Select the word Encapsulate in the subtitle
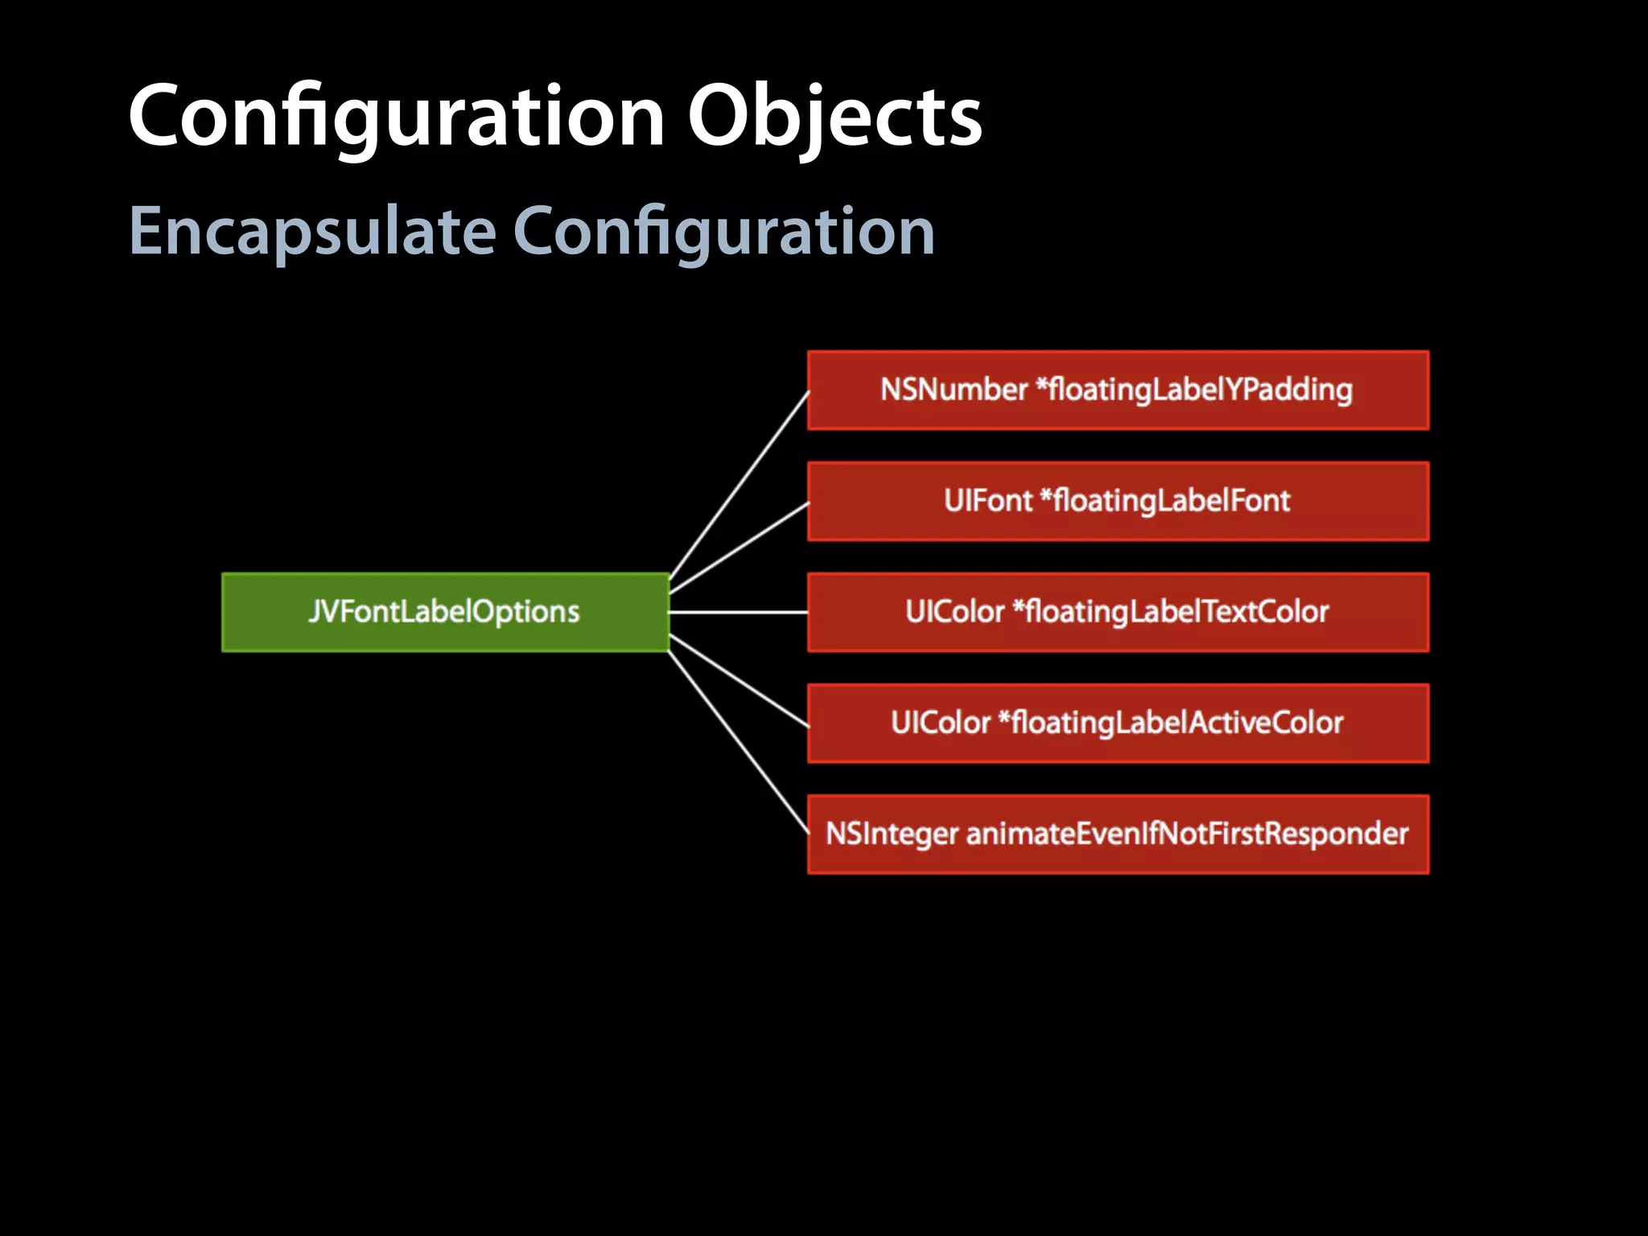312,232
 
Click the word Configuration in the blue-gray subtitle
723,232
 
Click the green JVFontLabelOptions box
445,612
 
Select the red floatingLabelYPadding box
1118,390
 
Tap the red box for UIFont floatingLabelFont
1118,501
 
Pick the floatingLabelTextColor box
1118,612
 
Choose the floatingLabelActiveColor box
1118,723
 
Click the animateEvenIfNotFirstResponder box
1118,834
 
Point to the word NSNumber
954,390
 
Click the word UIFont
987,501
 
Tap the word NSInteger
892,834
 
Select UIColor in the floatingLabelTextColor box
954,612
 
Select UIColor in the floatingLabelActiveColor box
940,723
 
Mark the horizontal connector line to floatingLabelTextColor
738,612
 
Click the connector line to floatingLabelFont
740,547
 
